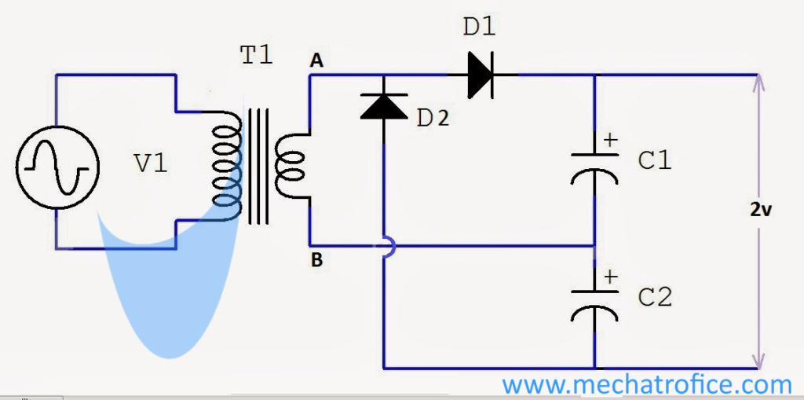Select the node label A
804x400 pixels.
[316, 61]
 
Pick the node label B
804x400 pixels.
[316, 261]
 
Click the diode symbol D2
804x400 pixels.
[383, 105]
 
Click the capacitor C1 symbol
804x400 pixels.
[594, 165]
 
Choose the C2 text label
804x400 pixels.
[655, 298]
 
